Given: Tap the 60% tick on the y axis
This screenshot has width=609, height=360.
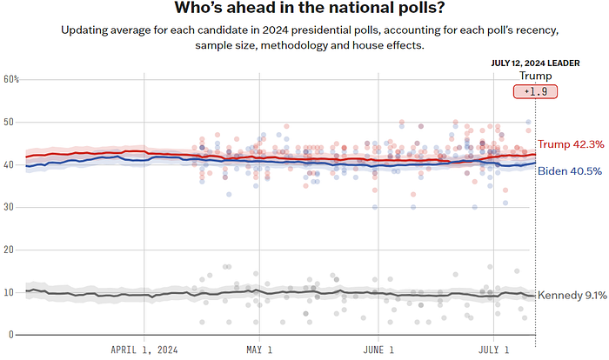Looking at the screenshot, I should pos(11,79).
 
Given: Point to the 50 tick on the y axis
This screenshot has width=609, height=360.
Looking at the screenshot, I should pos(10,122).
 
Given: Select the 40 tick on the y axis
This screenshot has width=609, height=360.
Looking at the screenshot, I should pos(10,164).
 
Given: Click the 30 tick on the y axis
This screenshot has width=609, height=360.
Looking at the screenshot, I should pos(10,207).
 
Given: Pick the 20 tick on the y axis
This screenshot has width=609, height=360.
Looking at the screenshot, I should pos(10,250).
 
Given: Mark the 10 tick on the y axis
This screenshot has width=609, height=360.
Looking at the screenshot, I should pos(10,292).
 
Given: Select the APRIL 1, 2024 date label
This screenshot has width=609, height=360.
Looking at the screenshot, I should pos(144,350).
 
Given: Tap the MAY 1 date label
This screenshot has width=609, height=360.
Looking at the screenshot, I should pos(259,350).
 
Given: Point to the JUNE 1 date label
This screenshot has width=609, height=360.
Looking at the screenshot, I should pos(379,350).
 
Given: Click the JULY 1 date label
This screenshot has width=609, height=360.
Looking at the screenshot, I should pos(494,350).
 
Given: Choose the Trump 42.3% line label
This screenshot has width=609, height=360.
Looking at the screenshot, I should pos(571,145).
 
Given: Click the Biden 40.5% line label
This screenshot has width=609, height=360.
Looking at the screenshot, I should pos(571,170).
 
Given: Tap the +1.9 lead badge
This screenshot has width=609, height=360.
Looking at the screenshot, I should pos(535,91).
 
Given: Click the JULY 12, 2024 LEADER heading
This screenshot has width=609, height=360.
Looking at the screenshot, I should pos(534,63).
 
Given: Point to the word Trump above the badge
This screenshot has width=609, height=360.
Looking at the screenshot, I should pos(535,76).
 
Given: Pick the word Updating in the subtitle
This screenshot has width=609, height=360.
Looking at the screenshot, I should pos(86,30).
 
